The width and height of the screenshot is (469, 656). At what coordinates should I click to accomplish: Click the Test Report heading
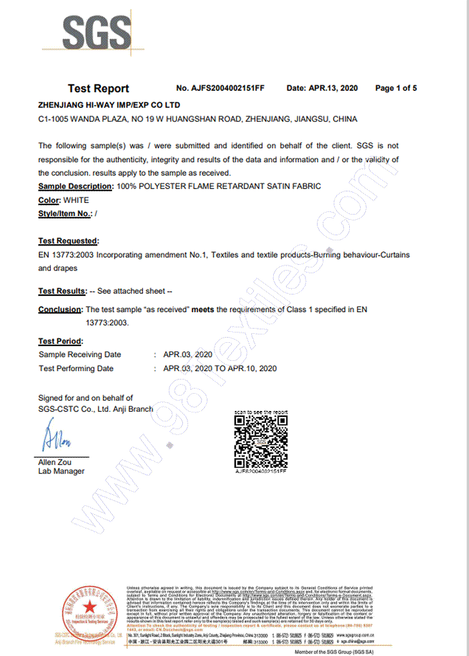pos(99,89)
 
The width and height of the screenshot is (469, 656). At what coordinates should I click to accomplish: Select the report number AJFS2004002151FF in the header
pos(220,88)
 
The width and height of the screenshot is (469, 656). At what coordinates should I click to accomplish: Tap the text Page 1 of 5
pos(396,88)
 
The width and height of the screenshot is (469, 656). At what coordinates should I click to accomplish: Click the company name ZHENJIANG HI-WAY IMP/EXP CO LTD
pos(110,104)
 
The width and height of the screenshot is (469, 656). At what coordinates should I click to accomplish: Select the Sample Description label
pos(76,186)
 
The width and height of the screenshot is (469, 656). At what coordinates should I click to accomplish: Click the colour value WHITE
pos(77,200)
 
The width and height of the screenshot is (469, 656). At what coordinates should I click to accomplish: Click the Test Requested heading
pos(68,241)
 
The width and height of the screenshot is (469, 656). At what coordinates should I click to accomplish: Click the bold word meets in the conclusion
pos(204,310)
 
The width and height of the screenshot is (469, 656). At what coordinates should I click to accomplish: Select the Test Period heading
pos(61,341)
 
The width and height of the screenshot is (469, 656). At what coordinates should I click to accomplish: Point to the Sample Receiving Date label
pos(80,354)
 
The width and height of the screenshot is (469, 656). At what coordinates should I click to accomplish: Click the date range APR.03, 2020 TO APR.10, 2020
pos(220,369)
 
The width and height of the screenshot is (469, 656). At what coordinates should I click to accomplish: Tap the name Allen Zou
pos(55,463)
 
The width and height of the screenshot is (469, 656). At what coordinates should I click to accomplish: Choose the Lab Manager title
pos(61,471)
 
